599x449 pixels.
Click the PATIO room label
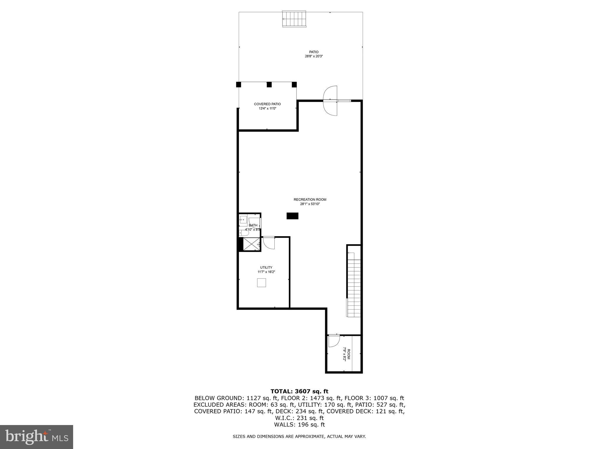(314, 52)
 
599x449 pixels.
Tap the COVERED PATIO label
(267, 104)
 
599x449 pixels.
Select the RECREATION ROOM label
(310, 200)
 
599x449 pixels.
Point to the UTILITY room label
(266, 267)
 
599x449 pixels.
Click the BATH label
(253, 225)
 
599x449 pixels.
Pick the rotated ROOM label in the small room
(348, 354)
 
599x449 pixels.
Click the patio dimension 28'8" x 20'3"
(314, 56)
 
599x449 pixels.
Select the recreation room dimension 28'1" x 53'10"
(310, 204)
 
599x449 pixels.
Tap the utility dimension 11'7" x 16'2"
(266, 272)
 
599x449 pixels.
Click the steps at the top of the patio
(294, 19)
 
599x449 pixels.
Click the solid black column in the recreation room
(292, 216)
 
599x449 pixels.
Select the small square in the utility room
(261, 283)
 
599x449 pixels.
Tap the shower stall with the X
(252, 244)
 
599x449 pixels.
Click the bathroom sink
(243, 220)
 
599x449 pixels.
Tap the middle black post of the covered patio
(269, 84)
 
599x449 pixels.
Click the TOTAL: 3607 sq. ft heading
(299, 391)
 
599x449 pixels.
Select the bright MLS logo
(37, 437)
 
